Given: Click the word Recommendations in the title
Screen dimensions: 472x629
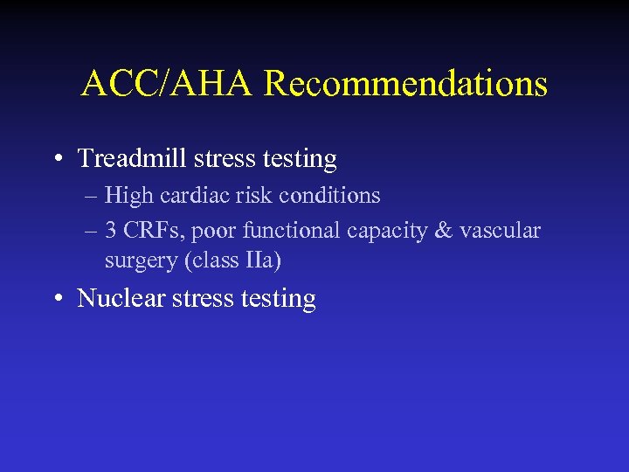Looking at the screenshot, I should pyautogui.click(x=405, y=84).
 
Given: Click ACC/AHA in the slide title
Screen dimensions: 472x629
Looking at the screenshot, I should pyautogui.click(x=168, y=84).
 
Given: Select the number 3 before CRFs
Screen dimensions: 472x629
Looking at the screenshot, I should pyautogui.click(x=110, y=231).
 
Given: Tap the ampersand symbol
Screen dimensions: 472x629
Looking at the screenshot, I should pyautogui.click(x=445, y=231).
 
